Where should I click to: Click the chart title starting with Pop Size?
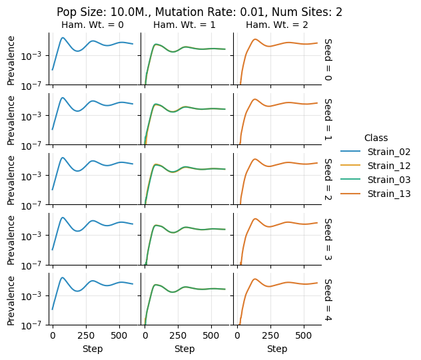pyautogui.click(x=209, y=12)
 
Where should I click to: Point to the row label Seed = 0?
pyautogui.click(x=328, y=59)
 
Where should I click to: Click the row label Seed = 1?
pyautogui.click(x=328, y=119)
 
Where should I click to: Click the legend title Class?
pyautogui.click(x=376, y=137)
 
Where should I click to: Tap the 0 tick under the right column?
pyautogui.click(x=237, y=336)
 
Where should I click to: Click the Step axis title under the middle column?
pyautogui.click(x=185, y=349)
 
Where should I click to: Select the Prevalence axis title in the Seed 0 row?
pyautogui.click(x=11, y=59)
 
